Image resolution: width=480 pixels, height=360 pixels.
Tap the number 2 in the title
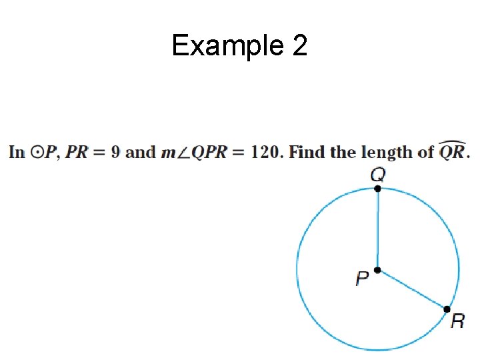299,46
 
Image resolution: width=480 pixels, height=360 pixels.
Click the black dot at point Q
377,189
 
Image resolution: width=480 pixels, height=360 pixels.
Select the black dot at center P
377,270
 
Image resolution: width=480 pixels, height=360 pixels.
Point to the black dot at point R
447,309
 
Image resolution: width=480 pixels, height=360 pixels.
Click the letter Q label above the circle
377,175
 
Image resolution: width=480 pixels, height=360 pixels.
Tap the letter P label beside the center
363,278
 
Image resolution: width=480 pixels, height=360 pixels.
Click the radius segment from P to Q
377,230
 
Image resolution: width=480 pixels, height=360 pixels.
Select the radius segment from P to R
412,290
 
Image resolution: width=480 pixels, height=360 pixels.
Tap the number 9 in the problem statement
115,153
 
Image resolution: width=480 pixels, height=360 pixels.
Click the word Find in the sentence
307,153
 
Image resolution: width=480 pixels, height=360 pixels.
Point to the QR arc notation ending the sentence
453,151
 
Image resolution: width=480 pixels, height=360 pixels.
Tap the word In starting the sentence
17,153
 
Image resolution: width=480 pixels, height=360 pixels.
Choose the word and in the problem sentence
140,153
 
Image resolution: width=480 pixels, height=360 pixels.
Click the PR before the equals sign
77,153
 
